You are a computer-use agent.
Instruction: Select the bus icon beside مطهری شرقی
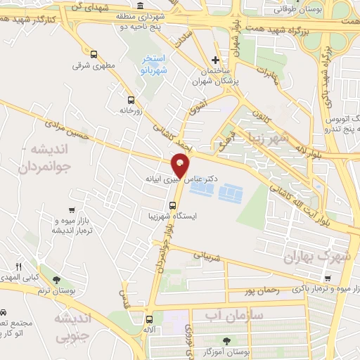tap(94, 54)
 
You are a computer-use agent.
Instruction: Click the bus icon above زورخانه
tap(130, 99)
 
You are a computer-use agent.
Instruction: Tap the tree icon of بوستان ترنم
tap(66, 280)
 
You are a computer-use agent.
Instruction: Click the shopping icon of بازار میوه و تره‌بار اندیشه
tap(72, 210)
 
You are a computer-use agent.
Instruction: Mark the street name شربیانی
tap(210, 257)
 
